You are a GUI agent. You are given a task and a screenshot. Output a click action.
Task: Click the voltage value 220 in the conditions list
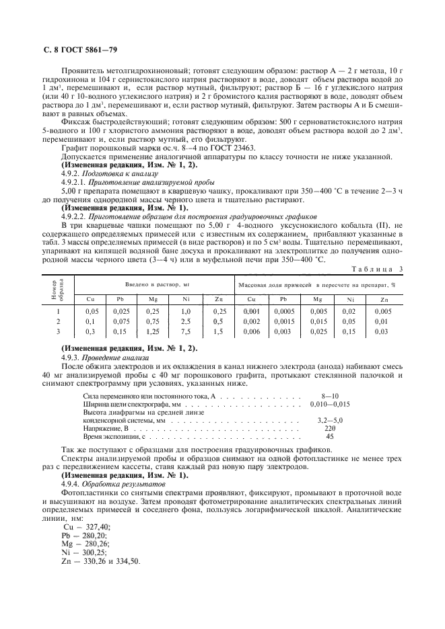[330, 427]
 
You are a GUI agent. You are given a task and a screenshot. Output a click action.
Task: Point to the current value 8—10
[330, 397]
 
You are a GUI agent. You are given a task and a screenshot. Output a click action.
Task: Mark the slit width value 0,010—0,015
[329, 405]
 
